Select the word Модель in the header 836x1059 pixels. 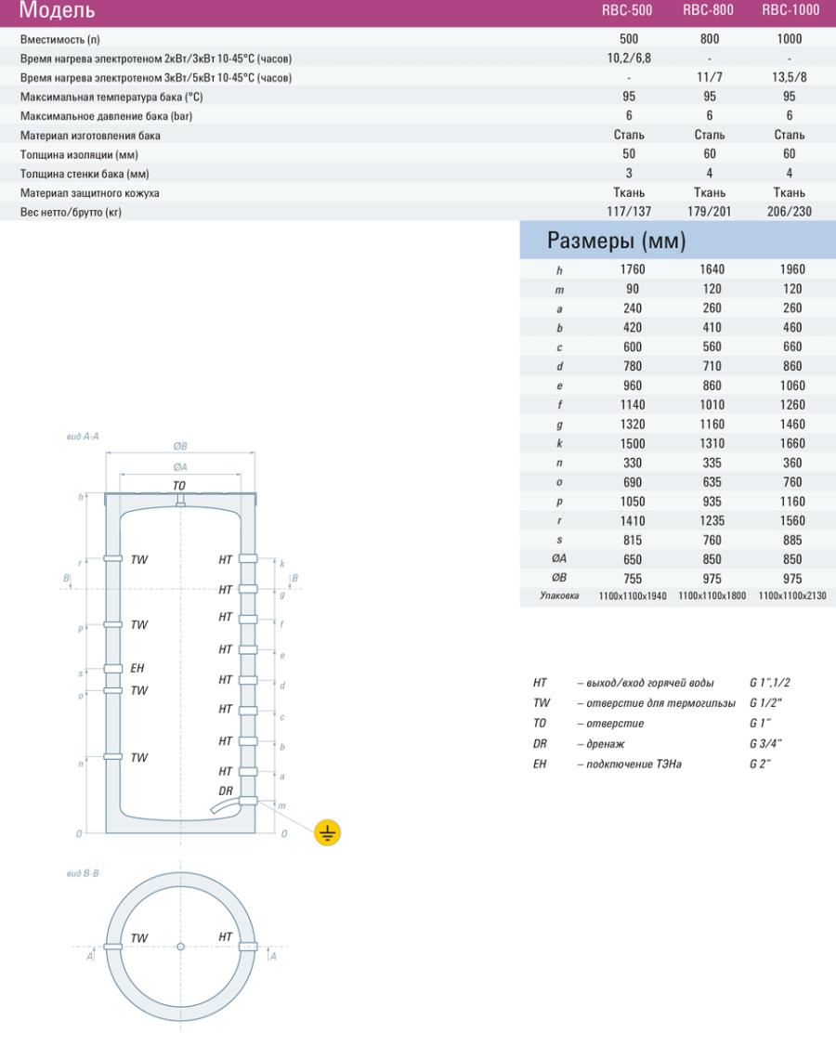[x=57, y=12]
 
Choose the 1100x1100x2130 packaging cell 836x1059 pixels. [x=792, y=595]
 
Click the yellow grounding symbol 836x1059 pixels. [x=327, y=832]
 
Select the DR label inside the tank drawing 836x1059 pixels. [x=226, y=791]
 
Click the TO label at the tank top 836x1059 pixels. [x=179, y=486]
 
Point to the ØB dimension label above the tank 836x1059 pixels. [x=181, y=446]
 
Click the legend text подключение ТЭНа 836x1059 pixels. [x=629, y=765]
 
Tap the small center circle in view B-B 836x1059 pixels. [x=180, y=947]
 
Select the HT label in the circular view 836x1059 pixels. [x=226, y=936]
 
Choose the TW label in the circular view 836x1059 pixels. [x=138, y=938]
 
